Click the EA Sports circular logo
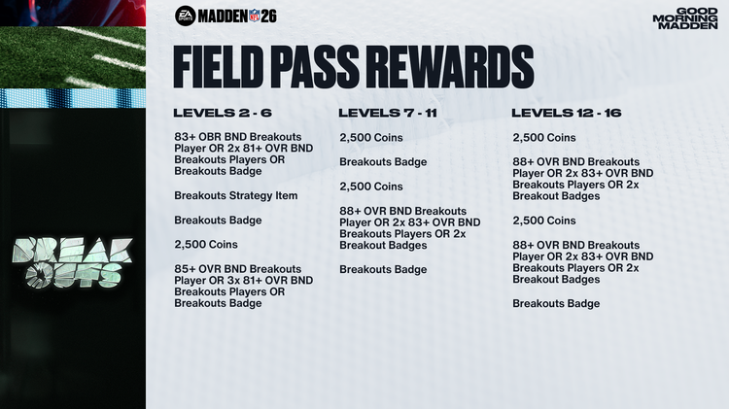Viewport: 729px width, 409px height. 185,15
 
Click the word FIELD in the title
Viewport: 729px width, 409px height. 223,67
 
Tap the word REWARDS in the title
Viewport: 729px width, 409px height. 465,67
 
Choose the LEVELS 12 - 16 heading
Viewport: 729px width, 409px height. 566,113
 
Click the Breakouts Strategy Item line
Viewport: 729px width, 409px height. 236,195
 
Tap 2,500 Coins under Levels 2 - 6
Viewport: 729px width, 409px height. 206,244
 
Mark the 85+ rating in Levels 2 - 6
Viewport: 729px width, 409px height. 185,268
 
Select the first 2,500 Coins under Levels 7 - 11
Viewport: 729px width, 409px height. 370,137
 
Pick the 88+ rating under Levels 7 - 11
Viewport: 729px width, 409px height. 350,211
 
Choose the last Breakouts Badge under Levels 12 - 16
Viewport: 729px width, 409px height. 556,303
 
